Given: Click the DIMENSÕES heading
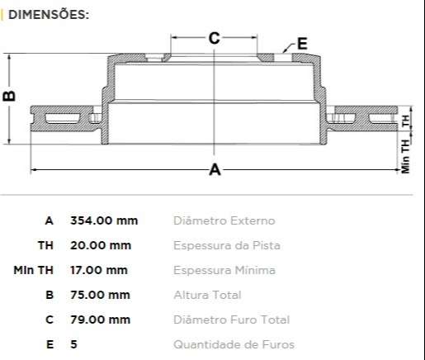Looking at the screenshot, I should pos(49,15).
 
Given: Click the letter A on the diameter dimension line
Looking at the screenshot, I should pos(215,171).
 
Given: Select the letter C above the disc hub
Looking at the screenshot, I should pos(214,38).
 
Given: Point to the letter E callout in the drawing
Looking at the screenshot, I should pos(302,43).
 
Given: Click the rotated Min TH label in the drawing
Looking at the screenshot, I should pos(406,156).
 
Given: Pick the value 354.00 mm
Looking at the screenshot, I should pos(104,220).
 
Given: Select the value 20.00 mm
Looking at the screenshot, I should pos(101,245).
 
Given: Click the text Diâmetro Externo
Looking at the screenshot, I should pos(224,220).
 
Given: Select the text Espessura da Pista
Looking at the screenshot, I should pos(226,245).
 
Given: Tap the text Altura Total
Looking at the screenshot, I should pos(207,295).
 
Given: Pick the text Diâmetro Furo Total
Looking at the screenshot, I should pos(231,320).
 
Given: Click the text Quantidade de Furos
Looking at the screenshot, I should pos(234,344).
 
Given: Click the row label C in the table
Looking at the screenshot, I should pos(49,320).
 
